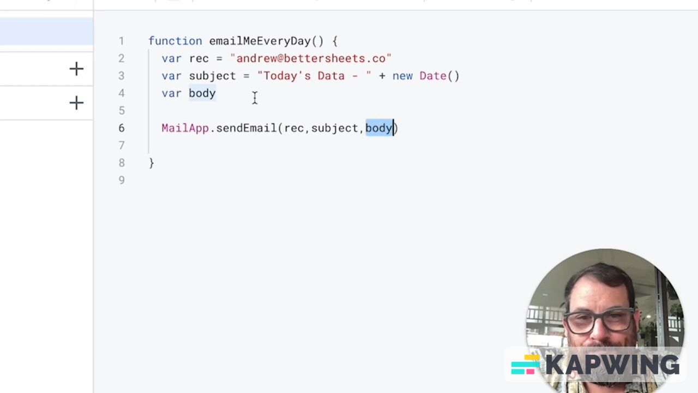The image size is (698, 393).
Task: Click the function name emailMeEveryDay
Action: pos(260,41)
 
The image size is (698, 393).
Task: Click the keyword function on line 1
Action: pos(175,41)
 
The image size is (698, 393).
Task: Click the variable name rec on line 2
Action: pos(198,58)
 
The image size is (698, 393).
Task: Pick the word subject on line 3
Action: pos(212,76)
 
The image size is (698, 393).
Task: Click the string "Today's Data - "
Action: pos(314,76)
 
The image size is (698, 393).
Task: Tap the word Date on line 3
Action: pos(433,76)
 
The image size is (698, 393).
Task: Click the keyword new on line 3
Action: pos(402,76)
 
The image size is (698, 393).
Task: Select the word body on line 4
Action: pos(202,93)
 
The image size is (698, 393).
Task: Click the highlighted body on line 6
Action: pos(379,128)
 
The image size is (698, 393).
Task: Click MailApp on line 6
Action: pos(185,128)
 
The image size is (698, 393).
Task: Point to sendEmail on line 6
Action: pos(246,128)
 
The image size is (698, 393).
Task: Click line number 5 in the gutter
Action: pos(122,111)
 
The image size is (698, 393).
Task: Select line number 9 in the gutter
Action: pos(122,180)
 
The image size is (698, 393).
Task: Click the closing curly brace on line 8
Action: pos(152,163)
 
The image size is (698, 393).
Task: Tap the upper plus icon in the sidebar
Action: pos(76,69)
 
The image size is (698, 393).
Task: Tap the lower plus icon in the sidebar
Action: pos(76,103)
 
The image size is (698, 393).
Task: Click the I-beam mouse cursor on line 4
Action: pos(255,98)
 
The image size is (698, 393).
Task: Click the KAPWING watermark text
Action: pos(612,365)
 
